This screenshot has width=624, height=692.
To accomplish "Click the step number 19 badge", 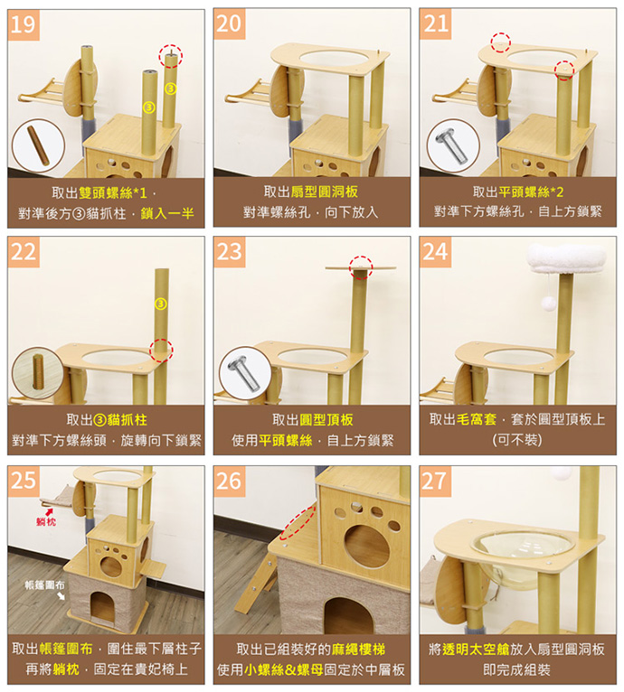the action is click(24, 24).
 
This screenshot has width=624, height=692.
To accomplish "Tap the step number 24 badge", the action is click(435, 252).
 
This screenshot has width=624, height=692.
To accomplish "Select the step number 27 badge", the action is click(435, 481).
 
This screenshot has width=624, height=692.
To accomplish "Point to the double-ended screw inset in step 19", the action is click(38, 145).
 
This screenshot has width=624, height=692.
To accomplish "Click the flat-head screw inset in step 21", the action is click(453, 145).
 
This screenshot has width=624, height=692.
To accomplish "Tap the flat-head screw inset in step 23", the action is click(245, 373).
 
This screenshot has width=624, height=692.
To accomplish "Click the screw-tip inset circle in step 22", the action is click(38, 373).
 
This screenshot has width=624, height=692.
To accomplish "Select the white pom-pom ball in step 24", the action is click(549, 304).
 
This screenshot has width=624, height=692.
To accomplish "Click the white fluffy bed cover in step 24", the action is click(566, 259).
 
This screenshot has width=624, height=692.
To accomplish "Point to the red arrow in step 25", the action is click(49, 512).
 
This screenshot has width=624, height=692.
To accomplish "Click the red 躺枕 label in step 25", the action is click(46, 521).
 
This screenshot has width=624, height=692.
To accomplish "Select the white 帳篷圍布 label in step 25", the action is click(44, 584).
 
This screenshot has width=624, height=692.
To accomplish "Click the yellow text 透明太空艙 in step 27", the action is click(476, 650).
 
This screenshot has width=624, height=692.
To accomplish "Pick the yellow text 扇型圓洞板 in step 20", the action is click(325, 192).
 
